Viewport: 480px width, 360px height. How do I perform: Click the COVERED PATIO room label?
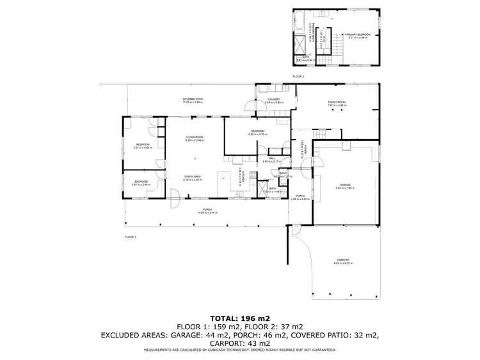[192, 99]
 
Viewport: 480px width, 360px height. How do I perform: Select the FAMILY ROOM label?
[337, 102]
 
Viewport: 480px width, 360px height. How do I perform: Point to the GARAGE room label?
[345, 184]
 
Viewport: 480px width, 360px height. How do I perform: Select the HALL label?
[272, 158]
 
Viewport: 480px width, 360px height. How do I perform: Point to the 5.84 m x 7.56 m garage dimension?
[345, 188]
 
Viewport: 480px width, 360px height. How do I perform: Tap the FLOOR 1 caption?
[131, 236]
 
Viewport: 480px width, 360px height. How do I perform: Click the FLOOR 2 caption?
[298, 76]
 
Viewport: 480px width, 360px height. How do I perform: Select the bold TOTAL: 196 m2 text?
[239, 318]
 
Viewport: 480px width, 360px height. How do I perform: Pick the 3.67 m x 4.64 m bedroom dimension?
[142, 147]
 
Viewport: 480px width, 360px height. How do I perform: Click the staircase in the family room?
[319, 135]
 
